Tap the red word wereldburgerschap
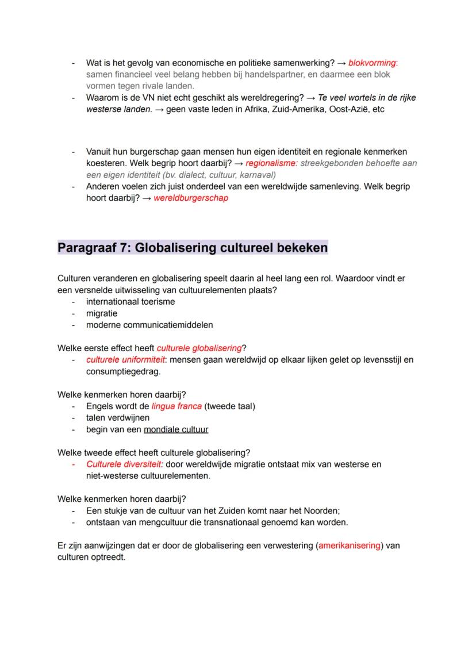(x=190, y=198)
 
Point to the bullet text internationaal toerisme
(x=130, y=301)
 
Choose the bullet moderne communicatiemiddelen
(x=149, y=325)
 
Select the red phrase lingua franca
(x=176, y=406)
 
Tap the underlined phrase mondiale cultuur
(x=176, y=429)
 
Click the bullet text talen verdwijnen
(x=118, y=418)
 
